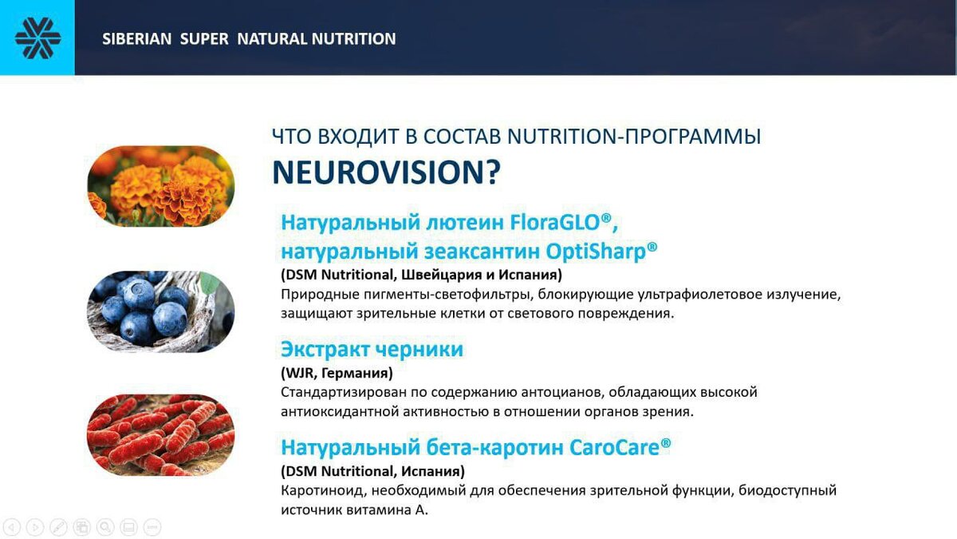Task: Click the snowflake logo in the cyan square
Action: click(37, 38)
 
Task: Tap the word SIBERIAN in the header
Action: click(136, 39)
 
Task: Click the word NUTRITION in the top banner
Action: click(353, 39)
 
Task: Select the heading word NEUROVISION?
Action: click(386, 172)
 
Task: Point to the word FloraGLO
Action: click(561, 223)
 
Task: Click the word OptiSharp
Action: click(601, 251)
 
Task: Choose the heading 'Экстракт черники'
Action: click(372, 349)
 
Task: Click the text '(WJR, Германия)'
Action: click(337, 373)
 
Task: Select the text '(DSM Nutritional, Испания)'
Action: click(372, 471)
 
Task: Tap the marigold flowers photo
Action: click(161, 186)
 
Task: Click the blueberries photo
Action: click(161, 311)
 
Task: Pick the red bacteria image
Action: click(161, 434)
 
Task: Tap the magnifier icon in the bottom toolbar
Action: click(105, 527)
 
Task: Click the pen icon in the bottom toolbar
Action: click(58, 527)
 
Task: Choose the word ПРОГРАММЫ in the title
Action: click(692, 137)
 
